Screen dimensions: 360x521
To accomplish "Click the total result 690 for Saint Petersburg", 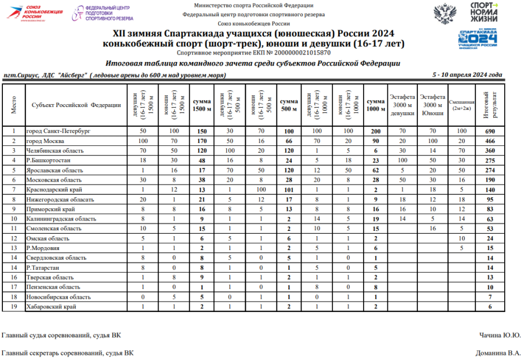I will coord(490,131).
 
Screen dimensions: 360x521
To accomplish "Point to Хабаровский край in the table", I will coord(51,307).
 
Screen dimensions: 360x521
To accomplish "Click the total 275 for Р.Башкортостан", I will coord(490,161).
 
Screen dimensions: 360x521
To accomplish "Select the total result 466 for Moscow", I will coord(490,141).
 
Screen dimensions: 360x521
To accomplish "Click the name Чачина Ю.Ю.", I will coord(500,335).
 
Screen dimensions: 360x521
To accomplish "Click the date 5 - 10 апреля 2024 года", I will coord(467,75).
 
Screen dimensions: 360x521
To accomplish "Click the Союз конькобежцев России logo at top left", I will coord(34,12).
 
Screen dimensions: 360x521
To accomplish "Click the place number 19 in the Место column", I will coord(14,307).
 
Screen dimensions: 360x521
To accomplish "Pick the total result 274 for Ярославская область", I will coord(490,171).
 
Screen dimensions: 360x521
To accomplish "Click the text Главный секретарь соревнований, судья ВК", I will coord(68,352).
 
